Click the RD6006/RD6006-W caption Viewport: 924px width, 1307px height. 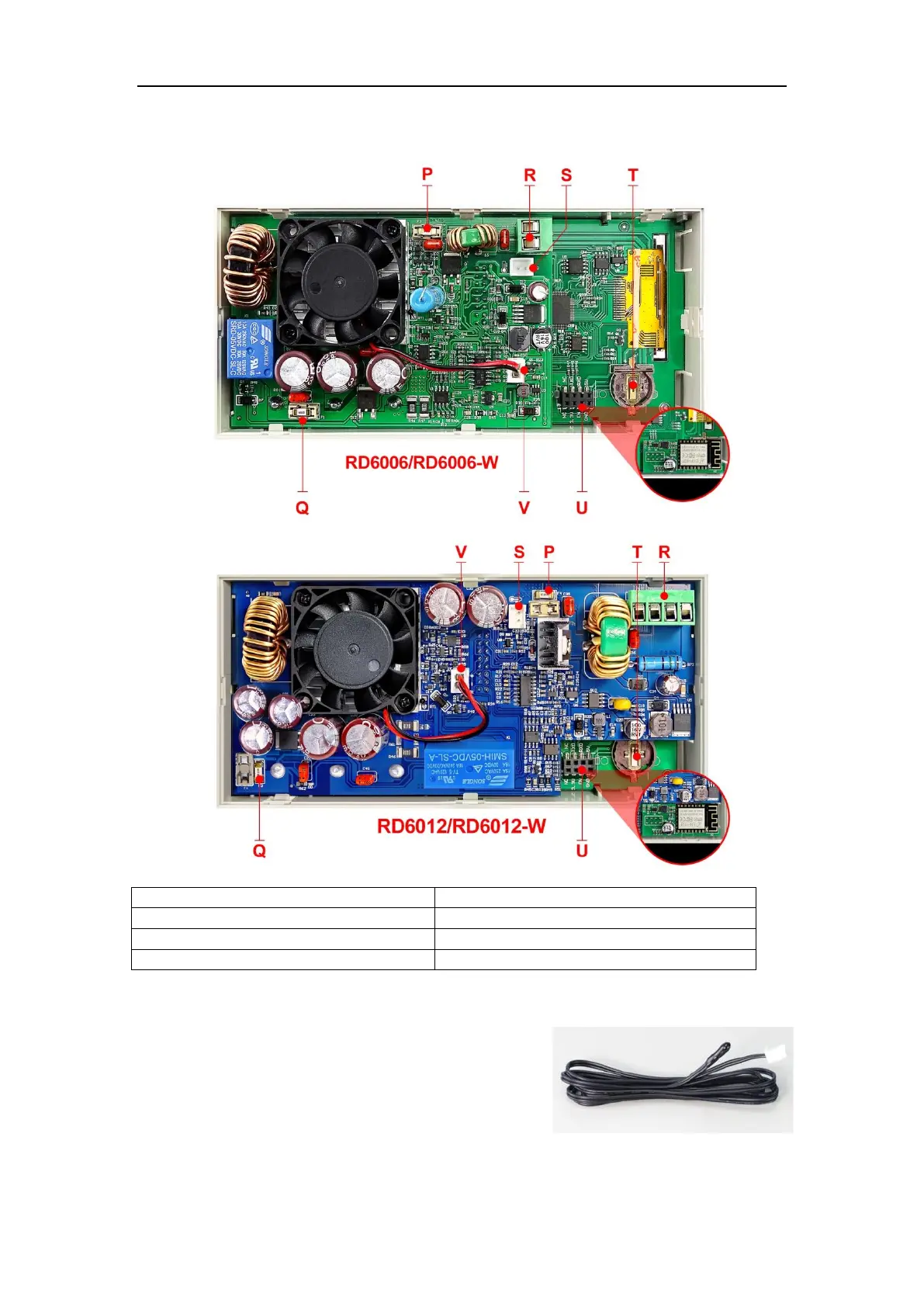click(x=421, y=463)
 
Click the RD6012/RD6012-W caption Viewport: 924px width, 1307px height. click(x=461, y=826)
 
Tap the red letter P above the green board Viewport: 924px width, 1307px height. click(x=427, y=175)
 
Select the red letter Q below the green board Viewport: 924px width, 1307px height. click(x=302, y=508)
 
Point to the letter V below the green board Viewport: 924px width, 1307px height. click(x=524, y=508)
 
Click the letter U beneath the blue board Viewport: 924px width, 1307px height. click(x=582, y=851)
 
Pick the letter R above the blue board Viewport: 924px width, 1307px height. click(x=664, y=553)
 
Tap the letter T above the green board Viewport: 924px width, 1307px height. click(x=633, y=175)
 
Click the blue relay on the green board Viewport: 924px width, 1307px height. click(x=250, y=348)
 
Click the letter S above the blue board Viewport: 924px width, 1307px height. click(x=519, y=553)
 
